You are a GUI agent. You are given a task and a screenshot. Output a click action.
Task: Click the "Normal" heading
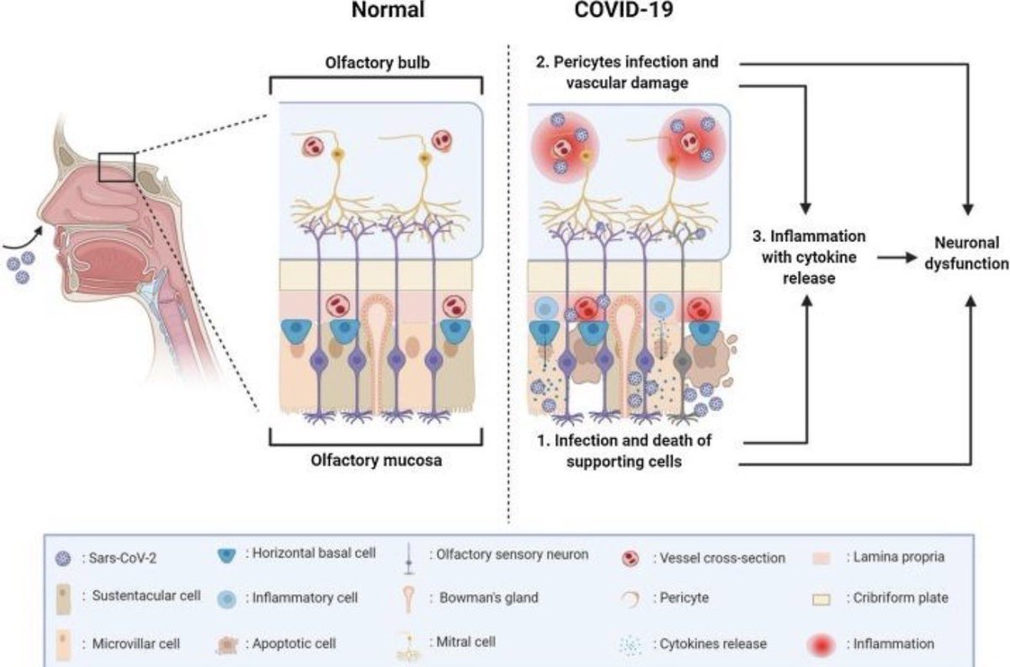388,10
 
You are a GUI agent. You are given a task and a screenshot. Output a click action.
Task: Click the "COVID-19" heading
624,10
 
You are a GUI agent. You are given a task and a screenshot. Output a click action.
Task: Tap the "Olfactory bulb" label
377,62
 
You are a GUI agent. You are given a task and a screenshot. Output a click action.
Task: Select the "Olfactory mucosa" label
376,461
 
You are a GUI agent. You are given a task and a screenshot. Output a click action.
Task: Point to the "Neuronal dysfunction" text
967,253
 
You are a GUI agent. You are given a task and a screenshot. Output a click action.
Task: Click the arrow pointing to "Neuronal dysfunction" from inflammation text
897,258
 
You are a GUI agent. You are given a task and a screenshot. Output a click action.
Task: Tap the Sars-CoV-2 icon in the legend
62,558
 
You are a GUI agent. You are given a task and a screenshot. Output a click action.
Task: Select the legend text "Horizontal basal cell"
314,552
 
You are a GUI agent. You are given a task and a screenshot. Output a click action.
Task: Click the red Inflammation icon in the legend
821,645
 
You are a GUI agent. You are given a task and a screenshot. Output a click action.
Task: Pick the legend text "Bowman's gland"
489,597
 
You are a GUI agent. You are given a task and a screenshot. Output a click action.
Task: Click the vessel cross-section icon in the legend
630,558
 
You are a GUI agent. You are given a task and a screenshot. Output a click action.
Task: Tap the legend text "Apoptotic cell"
294,643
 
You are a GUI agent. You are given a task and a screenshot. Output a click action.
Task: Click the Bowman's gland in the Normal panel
377,343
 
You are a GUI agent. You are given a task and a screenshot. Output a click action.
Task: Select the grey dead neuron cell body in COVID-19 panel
683,361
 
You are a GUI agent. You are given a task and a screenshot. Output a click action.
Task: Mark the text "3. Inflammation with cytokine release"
809,257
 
